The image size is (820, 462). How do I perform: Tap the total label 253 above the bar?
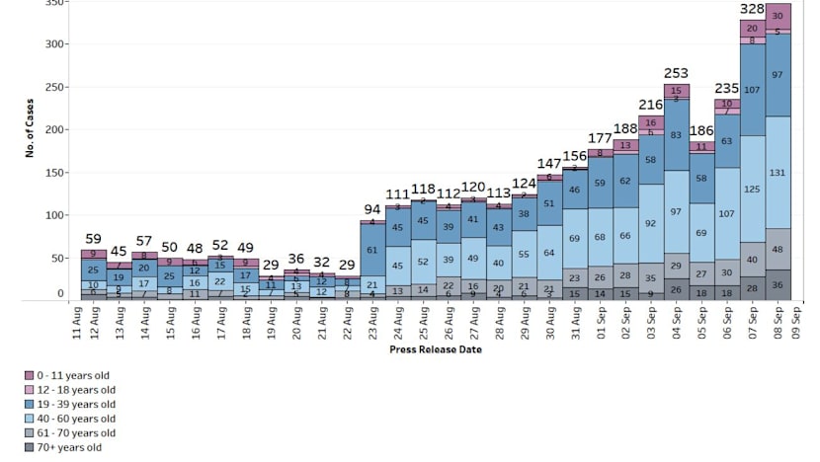677,73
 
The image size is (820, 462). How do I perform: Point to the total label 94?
371,209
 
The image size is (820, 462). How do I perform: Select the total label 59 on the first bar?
93,239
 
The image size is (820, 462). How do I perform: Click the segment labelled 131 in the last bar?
779,173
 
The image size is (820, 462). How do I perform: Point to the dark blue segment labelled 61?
371,251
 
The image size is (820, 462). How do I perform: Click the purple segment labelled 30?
779,16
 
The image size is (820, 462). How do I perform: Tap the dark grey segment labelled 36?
779,284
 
